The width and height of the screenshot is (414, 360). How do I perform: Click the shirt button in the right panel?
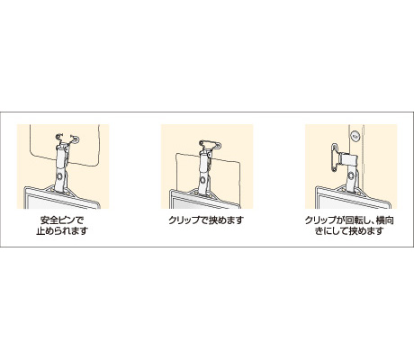pyautogui.click(x=355, y=137)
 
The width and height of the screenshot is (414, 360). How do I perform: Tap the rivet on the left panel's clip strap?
pyautogui.click(x=60, y=176)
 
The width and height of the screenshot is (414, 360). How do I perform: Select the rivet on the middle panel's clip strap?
pyautogui.click(x=203, y=180)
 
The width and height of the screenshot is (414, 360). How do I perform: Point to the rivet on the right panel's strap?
pyautogui.click(x=350, y=175)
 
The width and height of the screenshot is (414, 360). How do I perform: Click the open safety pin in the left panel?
pyautogui.click(x=67, y=138)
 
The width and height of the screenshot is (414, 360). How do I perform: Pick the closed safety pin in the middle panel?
pyautogui.click(x=211, y=145)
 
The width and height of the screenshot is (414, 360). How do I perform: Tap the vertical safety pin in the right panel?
pyautogui.click(x=335, y=157)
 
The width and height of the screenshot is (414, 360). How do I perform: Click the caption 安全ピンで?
pyautogui.click(x=62, y=220)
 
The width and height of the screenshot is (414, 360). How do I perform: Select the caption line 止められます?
pyautogui.click(x=62, y=231)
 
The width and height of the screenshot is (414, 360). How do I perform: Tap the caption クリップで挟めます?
pyautogui.click(x=206, y=220)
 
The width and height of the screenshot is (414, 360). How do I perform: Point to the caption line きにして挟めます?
pyautogui.click(x=349, y=231)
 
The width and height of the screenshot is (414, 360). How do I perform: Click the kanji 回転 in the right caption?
pyautogui.click(x=353, y=220)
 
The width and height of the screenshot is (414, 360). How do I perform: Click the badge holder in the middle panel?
pyautogui.click(x=205, y=199)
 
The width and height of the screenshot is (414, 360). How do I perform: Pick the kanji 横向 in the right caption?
pyautogui.click(x=385, y=220)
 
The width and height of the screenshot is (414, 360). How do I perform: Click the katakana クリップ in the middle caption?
pyautogui.click(x=184, y=220)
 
